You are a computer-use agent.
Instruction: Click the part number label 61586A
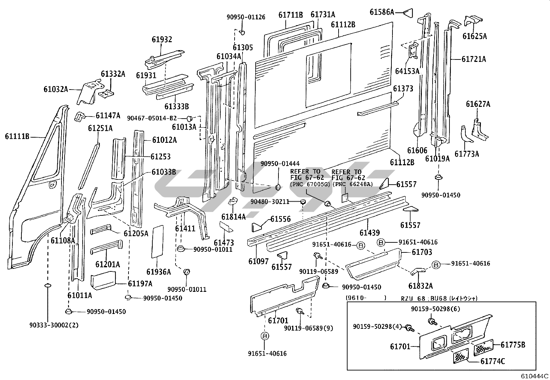[x=382, y=12]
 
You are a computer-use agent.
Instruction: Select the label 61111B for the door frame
[x=17, y=137]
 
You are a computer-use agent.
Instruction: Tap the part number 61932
[x=162, y=39]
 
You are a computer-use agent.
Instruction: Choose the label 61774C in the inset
[x=493, y=361]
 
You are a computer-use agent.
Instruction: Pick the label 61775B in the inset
[x=513, y=344]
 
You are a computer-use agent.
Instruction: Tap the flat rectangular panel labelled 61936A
[x=158, y=241]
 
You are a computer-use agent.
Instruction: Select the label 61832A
[x=420, y=286]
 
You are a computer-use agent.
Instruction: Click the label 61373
[x=403, y=89]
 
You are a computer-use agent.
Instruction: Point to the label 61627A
[x=478, y=104]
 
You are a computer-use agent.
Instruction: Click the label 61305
[x=243, y=47]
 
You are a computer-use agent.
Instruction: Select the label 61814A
[x=234, y=217]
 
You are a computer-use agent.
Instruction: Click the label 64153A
[x=407, y=71]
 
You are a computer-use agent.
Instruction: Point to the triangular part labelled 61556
[x=257, y=226]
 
